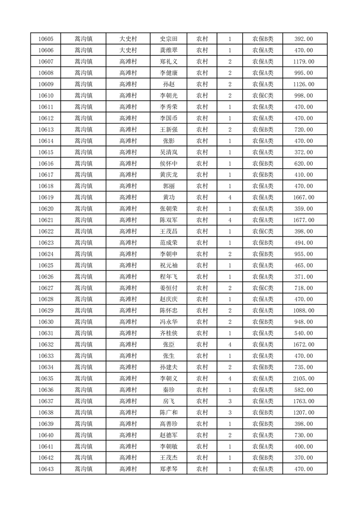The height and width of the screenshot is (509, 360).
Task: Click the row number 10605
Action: coord(46,39)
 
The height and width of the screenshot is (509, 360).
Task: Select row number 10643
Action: coord(46,469)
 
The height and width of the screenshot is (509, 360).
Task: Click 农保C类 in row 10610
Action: coord(263,95)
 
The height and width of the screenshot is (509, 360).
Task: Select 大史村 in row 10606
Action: coord(128,50)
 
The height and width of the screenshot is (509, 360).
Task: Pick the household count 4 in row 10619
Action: coord(230,197)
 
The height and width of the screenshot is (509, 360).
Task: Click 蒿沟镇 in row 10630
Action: coord(84,322)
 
